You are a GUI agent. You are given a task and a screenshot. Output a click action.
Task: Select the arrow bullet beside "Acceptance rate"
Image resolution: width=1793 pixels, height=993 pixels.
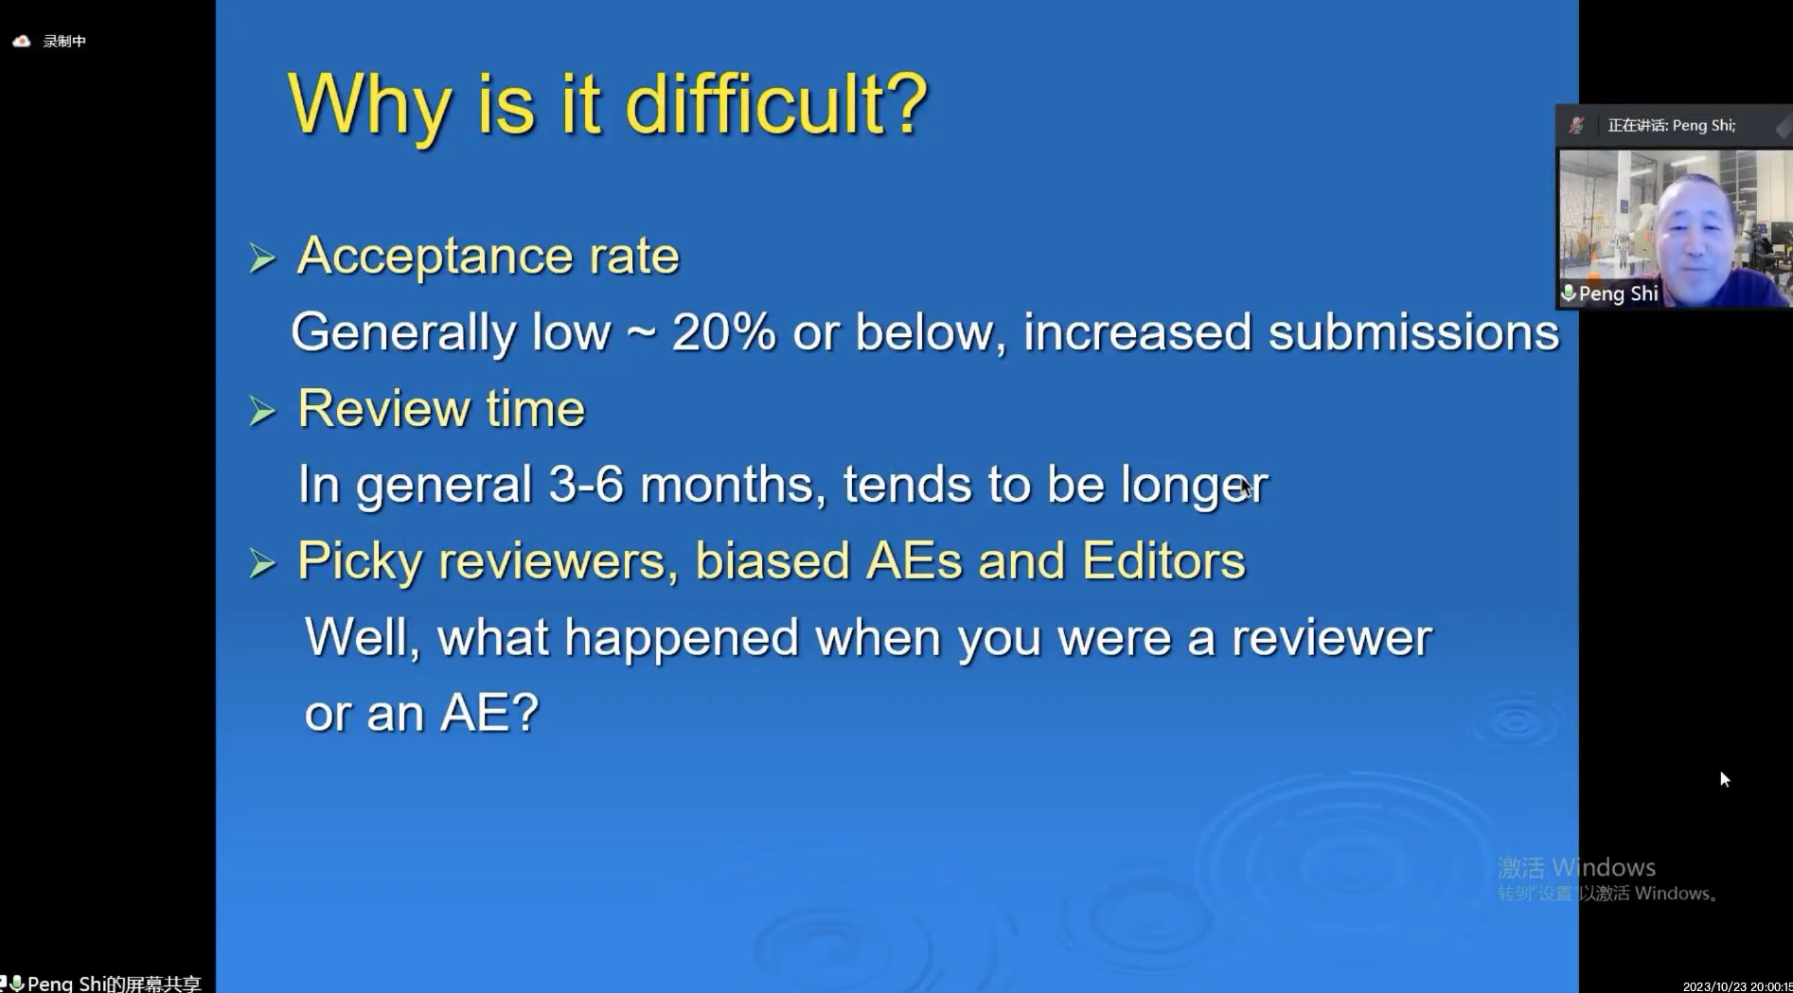pyautogui.click(x=262, y=257)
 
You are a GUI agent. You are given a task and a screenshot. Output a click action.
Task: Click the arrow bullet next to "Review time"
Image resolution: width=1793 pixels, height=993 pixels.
pyautogui.click(x=262, y=411)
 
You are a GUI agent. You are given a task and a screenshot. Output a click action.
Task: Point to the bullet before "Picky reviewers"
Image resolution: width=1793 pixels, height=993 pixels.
pyautogui.click(x=262, y=563)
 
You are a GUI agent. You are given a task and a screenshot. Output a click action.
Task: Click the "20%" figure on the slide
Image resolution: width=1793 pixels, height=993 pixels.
pyautogui.click(x=723, y=332)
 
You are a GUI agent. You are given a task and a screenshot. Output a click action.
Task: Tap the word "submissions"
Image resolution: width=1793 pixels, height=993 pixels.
pyautogui.click(x=1413, y=332)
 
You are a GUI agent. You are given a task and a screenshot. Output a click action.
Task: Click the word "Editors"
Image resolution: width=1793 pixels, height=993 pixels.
pyautogui.click(x=1163, y=560)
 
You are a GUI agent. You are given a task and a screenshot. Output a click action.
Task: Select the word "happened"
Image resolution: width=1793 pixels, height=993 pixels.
pyautogui.click(x=682, y=638)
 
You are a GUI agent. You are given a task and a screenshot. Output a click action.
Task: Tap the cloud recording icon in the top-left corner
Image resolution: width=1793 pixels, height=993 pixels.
pyautogui.click(x=22, y=41)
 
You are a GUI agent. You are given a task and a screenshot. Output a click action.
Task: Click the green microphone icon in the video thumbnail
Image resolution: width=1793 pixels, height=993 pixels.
pyautogui.click(x=1569, y=293)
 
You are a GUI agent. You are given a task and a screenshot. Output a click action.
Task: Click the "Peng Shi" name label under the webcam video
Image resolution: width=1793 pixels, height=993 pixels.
pyautogui.click(x=1618, y=294)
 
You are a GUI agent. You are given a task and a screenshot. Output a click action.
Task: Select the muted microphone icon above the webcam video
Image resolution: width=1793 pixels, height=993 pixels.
pyautogui.click(x=1576, y=125)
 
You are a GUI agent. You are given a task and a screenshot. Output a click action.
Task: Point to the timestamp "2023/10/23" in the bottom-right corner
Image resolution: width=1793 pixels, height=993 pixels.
pyautogui.click(x=1710, y=986)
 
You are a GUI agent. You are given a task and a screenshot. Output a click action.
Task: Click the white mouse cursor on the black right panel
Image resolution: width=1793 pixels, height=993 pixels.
pyautogui.click(x=1725, y=779)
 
